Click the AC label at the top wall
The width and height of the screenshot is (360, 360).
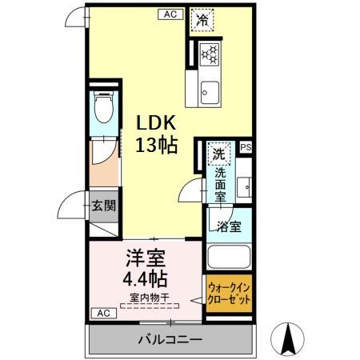click(170, 14)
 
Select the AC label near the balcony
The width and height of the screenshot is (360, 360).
click(102, 312)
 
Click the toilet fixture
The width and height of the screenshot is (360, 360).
click(102, 106)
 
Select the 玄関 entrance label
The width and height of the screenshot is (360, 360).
click(102, 205)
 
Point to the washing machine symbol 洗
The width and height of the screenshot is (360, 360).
click(218, 151)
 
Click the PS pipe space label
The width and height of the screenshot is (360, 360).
click(245, 147)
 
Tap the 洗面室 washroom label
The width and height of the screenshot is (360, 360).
click(219, 182)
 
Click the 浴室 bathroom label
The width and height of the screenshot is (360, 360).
click(229, 226)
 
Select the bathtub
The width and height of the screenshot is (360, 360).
click(230, 258)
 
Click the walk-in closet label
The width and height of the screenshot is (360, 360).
click(229, 295)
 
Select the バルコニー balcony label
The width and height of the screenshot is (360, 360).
click(169, 339)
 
